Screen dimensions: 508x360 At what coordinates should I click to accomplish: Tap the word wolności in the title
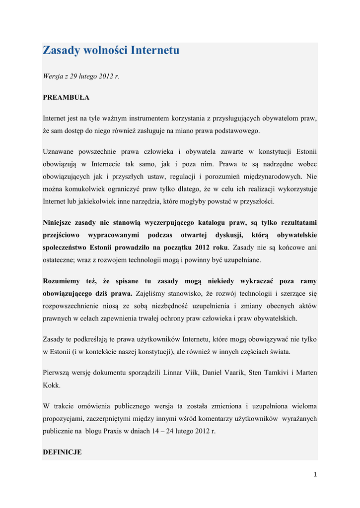102,50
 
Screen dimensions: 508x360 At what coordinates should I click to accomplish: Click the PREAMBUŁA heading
66,98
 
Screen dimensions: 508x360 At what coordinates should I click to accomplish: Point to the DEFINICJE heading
62,452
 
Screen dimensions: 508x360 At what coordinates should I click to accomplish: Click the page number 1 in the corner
315,475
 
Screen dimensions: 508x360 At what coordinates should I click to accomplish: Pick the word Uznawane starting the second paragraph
59,151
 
